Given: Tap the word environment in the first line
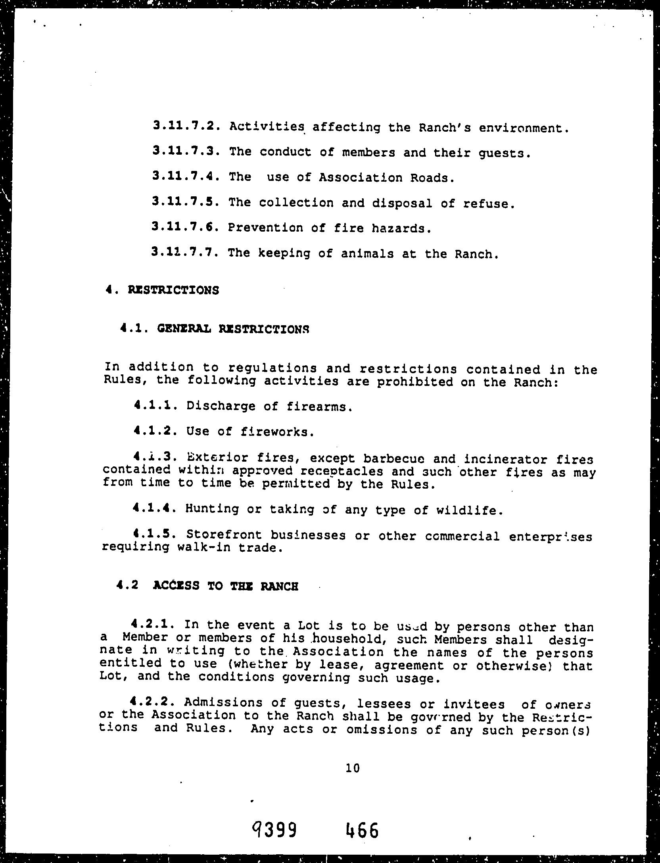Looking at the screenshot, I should (x=524, y=128).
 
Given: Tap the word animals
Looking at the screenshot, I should (x=367, y=254).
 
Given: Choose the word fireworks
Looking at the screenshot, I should (x=278, y=432).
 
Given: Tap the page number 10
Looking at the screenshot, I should (x=352, y=768).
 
